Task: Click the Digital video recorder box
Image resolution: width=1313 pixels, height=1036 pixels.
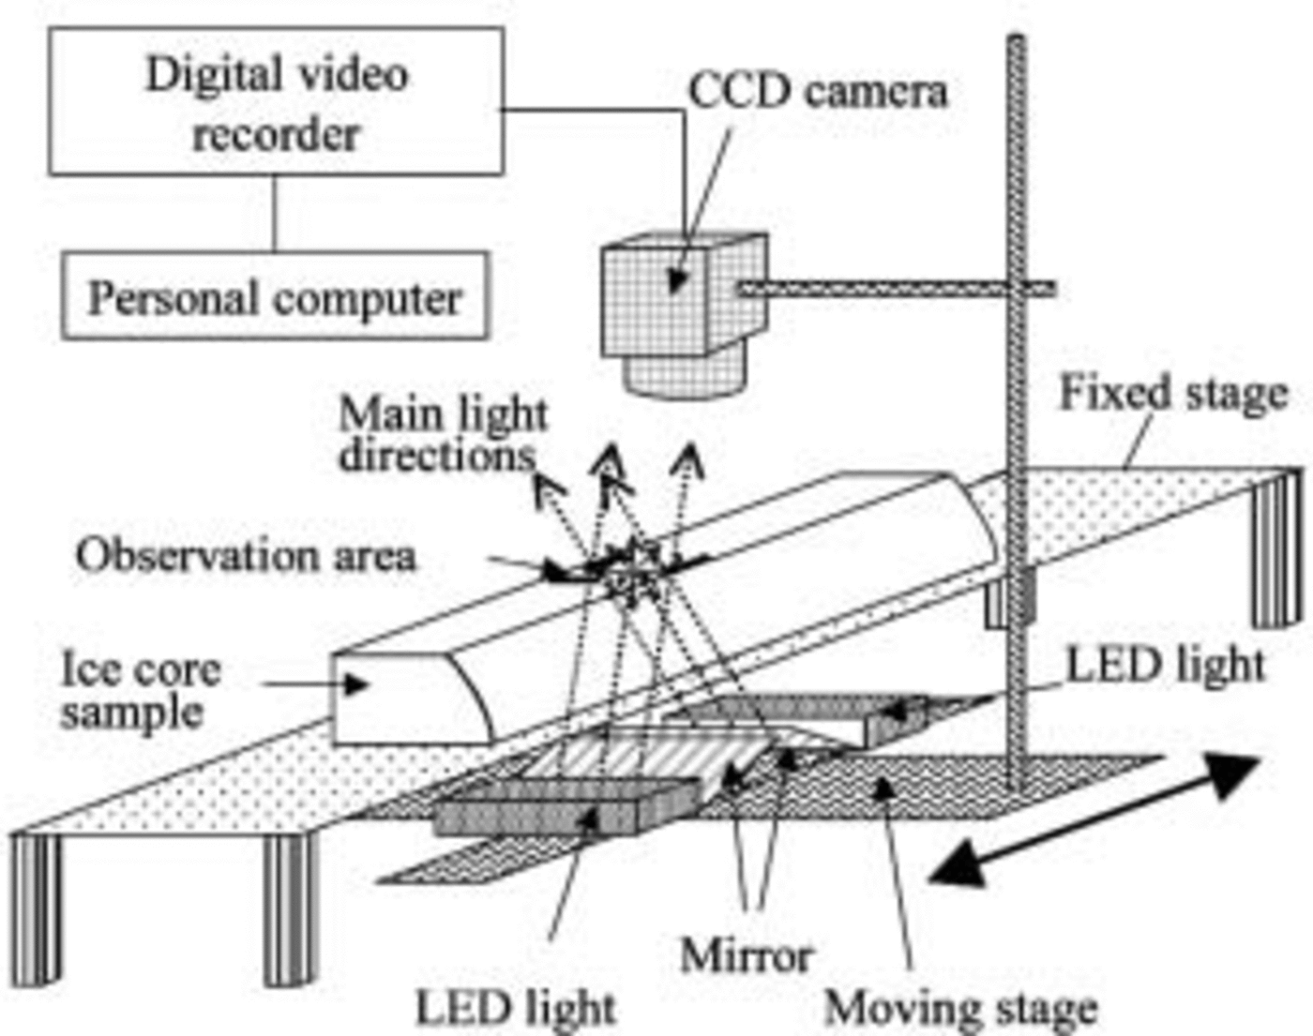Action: coord(276,101)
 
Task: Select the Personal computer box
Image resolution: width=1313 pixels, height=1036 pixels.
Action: coord(275,295)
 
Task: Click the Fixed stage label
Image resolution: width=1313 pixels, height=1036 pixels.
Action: coord(1172,394)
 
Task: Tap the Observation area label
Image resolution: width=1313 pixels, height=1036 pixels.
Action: coord(246,555)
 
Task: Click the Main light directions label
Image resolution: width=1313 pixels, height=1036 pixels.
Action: coord(441,434)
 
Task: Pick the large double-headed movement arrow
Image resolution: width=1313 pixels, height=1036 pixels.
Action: coord(1093,821)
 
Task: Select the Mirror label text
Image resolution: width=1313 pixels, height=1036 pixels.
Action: coord(746,955)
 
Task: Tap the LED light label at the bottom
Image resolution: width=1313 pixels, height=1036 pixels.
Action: coord(515,1009)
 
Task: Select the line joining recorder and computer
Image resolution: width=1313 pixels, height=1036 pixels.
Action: coord(275,213)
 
